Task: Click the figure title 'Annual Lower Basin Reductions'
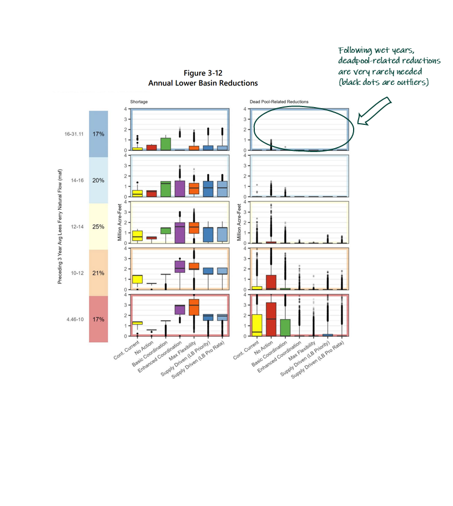coord(203,83)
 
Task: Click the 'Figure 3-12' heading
coord(203,74)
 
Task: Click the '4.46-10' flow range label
coord(73,320)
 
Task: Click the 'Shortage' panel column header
coord(139,102)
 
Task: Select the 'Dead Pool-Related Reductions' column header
coord(279,102)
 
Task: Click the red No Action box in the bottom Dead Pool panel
coord(271,319)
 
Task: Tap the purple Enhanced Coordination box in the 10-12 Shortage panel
coord(180,266)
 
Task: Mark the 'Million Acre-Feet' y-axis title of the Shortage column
coord(120,227)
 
